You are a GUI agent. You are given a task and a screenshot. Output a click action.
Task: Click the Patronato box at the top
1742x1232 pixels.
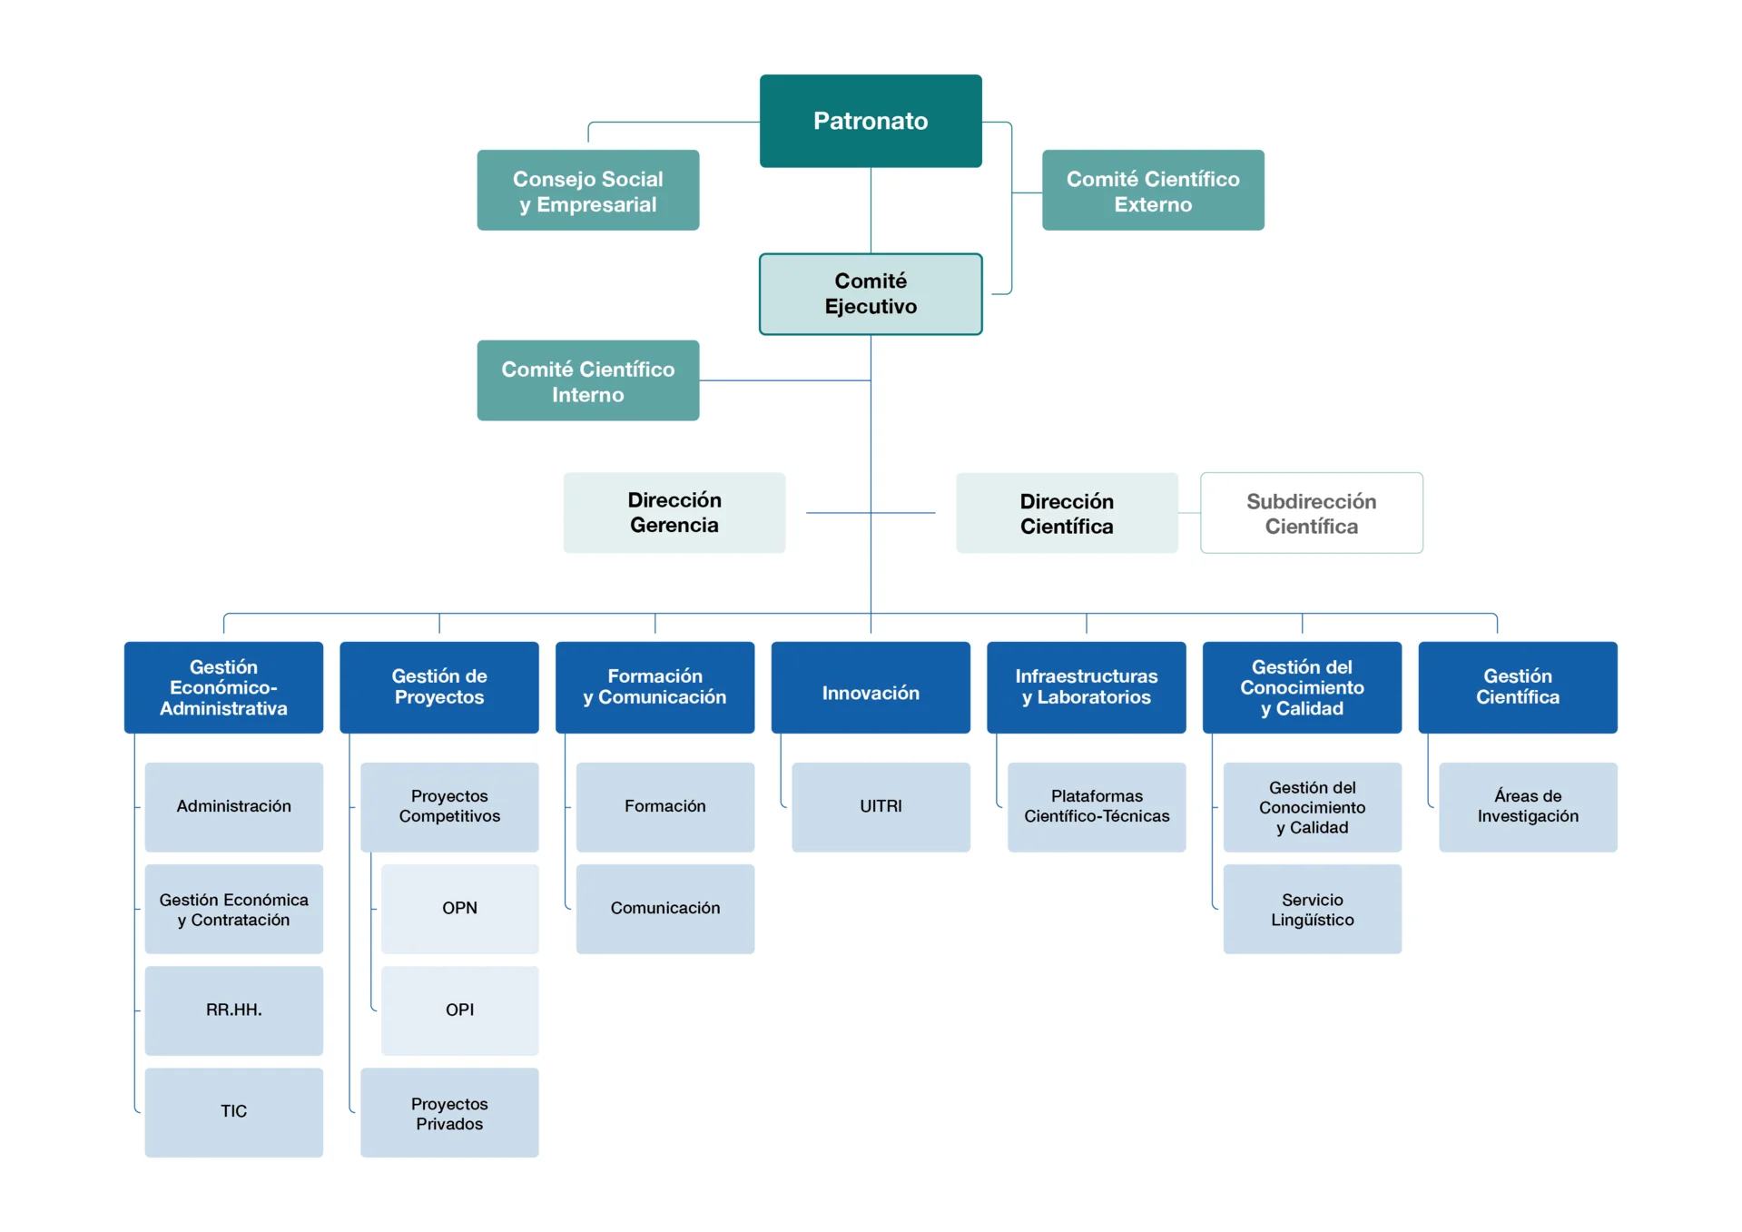pyautogui.click(x=870, y=121)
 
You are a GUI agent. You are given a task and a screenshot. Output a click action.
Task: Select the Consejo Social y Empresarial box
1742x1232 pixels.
pyautogui.click(x=587, y=191)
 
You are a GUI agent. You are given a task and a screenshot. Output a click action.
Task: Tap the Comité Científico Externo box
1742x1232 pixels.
pyautogui.click(x=1152, y=191)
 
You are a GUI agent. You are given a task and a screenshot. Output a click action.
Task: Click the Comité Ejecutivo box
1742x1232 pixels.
pyautogui.click(x=870, y=294)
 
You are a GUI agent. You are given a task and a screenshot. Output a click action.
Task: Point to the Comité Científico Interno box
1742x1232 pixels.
pyautogui.click(x=587, y=381)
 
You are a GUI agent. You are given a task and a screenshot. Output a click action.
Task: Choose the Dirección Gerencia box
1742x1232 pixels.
pyautogui.click(x=674, y=513)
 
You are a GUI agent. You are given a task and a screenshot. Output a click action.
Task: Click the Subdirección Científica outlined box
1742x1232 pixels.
pyautogui.click(x=1311, y=513)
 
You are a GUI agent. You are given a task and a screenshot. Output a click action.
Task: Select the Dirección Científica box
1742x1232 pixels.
pyautogui.click(x=1066, y=513)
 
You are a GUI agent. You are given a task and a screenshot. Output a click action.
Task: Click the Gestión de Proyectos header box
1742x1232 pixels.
pyautogui.click(x=438, y=688)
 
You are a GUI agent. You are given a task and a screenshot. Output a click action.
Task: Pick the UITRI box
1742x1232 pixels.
pyautogui.click(x=881, y=806)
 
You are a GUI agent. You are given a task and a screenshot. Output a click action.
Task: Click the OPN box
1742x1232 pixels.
pyautogui.click(x=459, y=908)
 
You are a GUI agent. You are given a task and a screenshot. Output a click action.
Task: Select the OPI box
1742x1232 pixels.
pyautogui.click(x=459, y=1010)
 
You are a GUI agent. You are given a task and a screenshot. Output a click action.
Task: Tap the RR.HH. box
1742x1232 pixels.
pyautogui.click(x=233, y=1010)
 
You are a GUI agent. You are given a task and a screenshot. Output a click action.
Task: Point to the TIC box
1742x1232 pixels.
pyautogui.click(x=233, y=1111)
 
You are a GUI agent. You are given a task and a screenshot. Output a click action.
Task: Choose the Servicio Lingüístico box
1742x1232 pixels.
pyautogui.click(x=1312, y=909)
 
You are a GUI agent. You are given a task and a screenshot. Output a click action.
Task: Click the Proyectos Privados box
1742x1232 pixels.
pyautogui.click(x=449, y=1113)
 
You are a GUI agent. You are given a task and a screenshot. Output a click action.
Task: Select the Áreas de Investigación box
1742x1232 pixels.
pyautogui.click(x=1528, y=806)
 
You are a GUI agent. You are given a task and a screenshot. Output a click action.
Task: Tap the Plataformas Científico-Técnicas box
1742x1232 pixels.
pyautogui.click(x=1096, y=806)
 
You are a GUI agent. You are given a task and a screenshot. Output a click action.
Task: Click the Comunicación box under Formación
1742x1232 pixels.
pyautogui.click(x=664, y=908)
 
